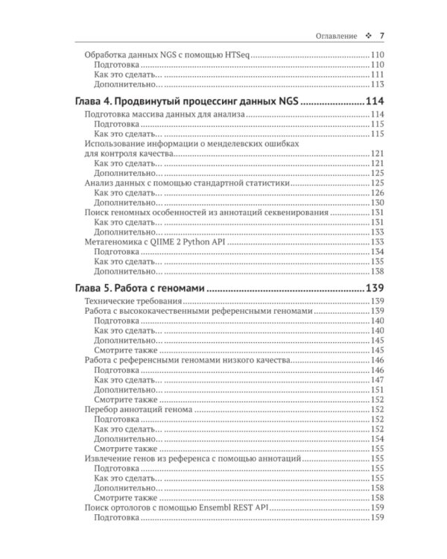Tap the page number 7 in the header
click(x=381, y=36)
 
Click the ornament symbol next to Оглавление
click(x=367, y=36)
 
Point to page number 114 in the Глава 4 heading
click(x=373, y=101)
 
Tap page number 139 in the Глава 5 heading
click(x=373, y=288)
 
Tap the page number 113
click(x=376, y=84)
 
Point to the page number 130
click(x=376, y=203)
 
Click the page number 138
click(x=376, y=271)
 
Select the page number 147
click(x=376, y=379)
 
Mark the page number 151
click(x=376, y=389)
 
